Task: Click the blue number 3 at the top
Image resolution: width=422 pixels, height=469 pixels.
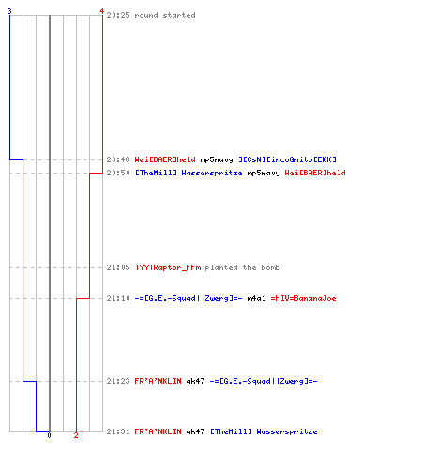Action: click(x=9, y=11)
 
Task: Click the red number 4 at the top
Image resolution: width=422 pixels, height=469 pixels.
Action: click(x=102, y=11)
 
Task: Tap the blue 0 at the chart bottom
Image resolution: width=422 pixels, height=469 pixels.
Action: click(x=49, y=435)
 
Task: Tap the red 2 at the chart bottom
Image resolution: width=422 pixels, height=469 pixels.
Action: click(x=76, y=435)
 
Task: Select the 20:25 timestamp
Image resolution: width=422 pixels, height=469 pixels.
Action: click(x=118, y=15)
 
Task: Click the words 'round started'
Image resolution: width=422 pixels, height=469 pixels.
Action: click(x=165, y=15)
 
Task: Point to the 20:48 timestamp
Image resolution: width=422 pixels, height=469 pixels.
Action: click(x=118, y=159)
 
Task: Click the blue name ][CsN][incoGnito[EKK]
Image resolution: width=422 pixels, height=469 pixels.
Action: click(x=287, y=159)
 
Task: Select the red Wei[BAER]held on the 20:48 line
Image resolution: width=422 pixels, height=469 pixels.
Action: click(x=165, y=159)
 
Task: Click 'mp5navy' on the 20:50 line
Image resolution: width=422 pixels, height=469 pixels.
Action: click(x=264, y=173)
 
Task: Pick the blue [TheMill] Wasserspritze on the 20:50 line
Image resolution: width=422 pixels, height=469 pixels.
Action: click(x=188, y=173)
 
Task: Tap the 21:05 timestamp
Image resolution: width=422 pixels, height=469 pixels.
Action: click(x=118, y=267)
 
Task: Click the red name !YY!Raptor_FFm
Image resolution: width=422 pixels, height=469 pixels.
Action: click(x=168, y=267)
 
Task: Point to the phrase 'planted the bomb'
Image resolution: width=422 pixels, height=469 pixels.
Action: click(x=242, y=267)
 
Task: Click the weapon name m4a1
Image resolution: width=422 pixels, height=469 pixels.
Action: click(x=256, y=298)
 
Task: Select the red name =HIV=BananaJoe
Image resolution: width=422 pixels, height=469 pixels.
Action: click(x=303, y=298)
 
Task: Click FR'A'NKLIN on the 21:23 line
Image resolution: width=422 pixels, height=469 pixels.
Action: click(x=158, y=381)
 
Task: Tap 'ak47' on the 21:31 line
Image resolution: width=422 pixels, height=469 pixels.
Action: click(x=195, y=431)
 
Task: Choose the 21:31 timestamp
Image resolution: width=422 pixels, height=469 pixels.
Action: click(x=118, y=431)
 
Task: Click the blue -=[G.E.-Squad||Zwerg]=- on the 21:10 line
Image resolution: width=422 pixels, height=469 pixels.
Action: click(x=188, y=298)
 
